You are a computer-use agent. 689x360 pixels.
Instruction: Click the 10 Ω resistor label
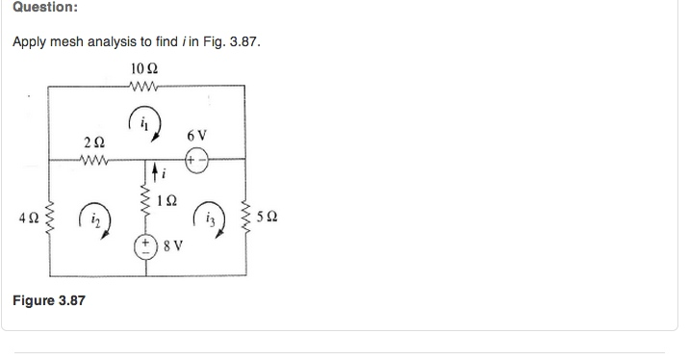point(142,69)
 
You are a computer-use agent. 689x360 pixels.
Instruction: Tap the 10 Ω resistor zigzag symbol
point(142,86)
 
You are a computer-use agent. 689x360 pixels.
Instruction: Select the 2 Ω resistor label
point(94,142)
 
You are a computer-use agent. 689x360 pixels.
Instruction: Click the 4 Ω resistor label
point(27,219)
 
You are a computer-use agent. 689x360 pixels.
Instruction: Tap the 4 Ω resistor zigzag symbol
point(48,219)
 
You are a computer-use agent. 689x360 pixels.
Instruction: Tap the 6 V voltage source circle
point(196,160)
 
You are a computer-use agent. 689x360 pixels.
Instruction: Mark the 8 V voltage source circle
point(148,244)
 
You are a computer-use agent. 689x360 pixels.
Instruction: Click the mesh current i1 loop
point(143,123)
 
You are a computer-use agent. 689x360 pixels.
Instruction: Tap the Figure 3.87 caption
point(48,300)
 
